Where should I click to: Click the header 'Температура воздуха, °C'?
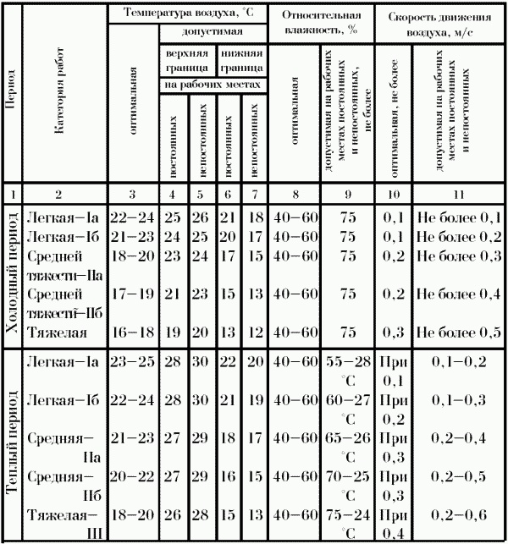[x=187, y=14]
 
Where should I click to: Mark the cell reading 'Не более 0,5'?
[x=460, y=331]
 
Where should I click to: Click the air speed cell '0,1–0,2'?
[x=460, y=362]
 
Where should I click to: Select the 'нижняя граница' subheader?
[x=243, y=58]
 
